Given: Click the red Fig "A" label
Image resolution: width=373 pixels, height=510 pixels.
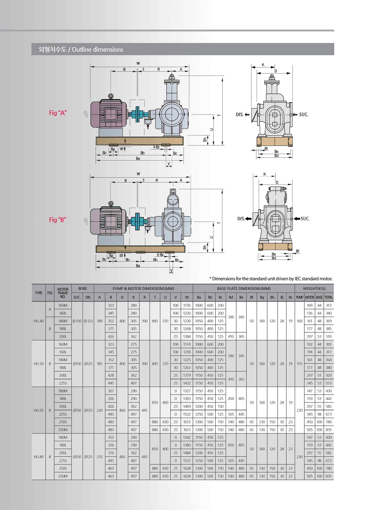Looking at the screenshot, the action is coord(57,113).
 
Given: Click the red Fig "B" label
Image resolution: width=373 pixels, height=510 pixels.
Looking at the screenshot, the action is coord(57,220).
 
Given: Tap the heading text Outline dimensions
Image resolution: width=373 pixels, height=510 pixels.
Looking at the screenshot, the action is coord(97,49).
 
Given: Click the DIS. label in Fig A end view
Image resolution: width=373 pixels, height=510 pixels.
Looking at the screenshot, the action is coord(239,115).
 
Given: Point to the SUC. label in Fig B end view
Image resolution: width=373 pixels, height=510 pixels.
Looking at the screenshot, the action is coord(305,219).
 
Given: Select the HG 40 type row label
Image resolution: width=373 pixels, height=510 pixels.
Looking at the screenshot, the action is coord(38,321).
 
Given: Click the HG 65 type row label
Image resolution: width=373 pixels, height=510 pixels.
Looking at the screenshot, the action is coord(38,410).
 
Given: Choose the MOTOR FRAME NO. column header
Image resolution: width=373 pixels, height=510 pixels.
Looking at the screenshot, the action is coord(63,293).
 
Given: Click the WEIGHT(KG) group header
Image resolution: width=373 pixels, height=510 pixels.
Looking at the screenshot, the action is coord(314,288).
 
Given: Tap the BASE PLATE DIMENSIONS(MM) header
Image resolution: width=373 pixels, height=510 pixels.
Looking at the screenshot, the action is coord(244,288).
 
